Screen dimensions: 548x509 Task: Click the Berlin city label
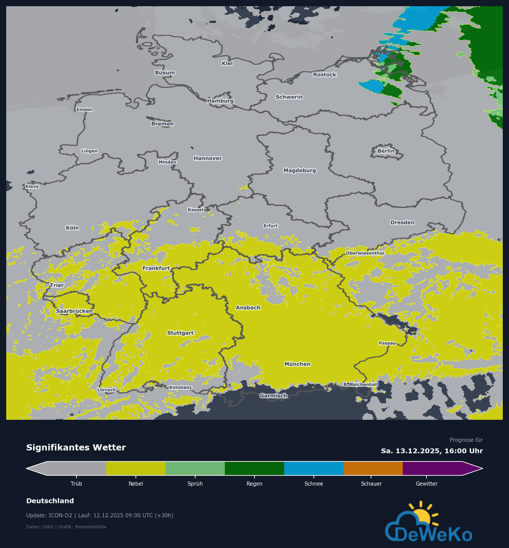pos(386,151)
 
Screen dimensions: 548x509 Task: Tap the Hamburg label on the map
pos(220,101)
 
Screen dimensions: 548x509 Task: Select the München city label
pos(297,364)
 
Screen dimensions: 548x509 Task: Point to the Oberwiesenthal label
pos(365,253)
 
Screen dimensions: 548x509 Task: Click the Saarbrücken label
pos(74,311)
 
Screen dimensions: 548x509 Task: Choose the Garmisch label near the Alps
pos(273,396)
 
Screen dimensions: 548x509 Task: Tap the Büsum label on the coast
pos(165,73)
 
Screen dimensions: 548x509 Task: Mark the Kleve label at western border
pos(32,186)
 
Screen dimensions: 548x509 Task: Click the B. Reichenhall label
pos(361,384)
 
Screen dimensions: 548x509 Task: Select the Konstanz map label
pos(180,387)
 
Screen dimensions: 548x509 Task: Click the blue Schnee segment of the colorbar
pos(313,468)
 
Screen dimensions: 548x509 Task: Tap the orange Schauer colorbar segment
pos(373,468)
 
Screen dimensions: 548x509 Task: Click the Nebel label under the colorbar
pos(136,484)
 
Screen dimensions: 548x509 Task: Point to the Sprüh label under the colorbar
pos(195,484)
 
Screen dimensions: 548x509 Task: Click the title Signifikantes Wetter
pos(76,447)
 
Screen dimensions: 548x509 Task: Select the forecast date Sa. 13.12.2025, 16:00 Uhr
pos(432,451)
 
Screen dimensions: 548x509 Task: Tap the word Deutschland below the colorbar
pos(50,501)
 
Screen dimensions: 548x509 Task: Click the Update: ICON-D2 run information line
pos(100,516)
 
